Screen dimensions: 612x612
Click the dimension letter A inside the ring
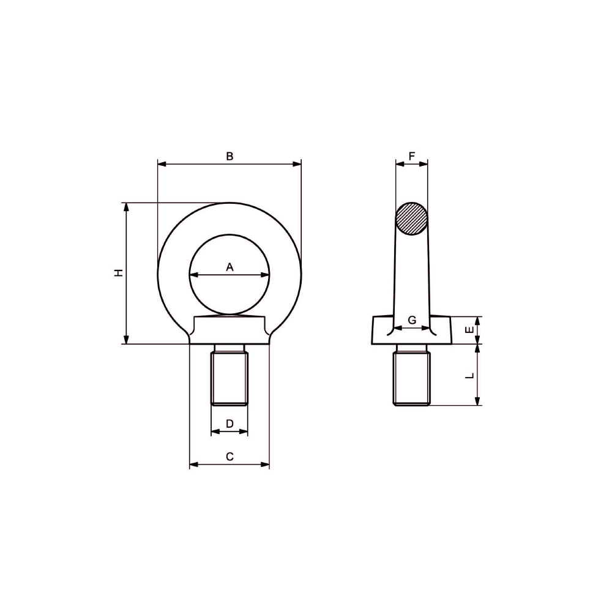coord(230,267)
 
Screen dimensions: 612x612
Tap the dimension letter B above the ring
coord(229,156)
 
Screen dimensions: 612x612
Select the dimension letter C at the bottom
coord(229,456)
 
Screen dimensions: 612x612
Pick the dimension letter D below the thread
coord(229,424)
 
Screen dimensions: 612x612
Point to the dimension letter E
coord(470,330)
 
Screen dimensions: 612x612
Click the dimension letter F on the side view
coord(411,156)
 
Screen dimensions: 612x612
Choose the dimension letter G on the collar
coord(412,320)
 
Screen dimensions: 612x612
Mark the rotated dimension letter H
coord(119,272)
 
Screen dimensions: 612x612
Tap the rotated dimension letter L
coord(470,375)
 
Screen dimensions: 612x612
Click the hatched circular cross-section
coord(411,218)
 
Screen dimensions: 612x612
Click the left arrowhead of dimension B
coord(161,163)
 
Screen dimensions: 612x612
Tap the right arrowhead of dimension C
coord(266,465)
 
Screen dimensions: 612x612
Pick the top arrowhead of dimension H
coord(127,206)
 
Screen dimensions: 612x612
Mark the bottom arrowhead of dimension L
coord(477,401)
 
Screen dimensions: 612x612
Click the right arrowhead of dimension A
coord(266,275)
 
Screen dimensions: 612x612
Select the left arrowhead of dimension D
coord(214,431)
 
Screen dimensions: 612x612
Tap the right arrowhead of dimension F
coord(425,163)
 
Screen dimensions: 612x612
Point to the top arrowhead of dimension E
coord(477,320)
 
